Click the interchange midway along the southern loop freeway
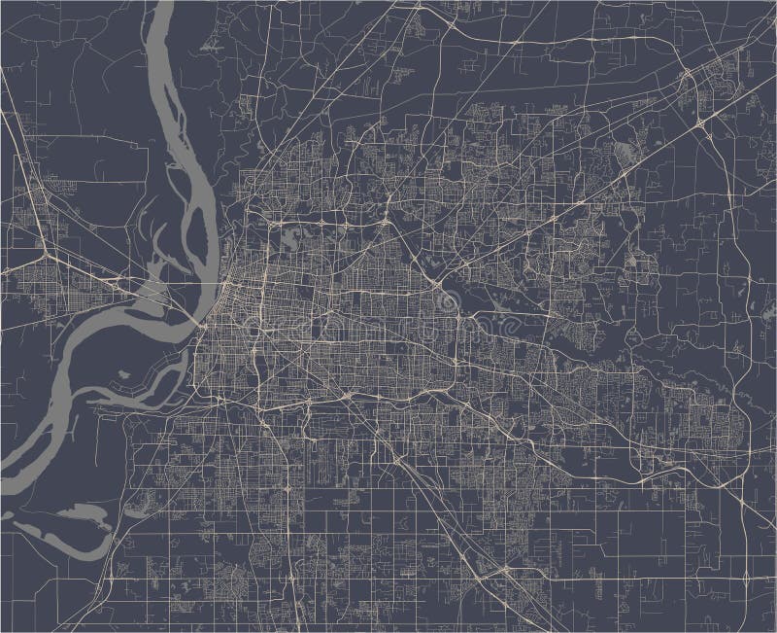346,394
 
